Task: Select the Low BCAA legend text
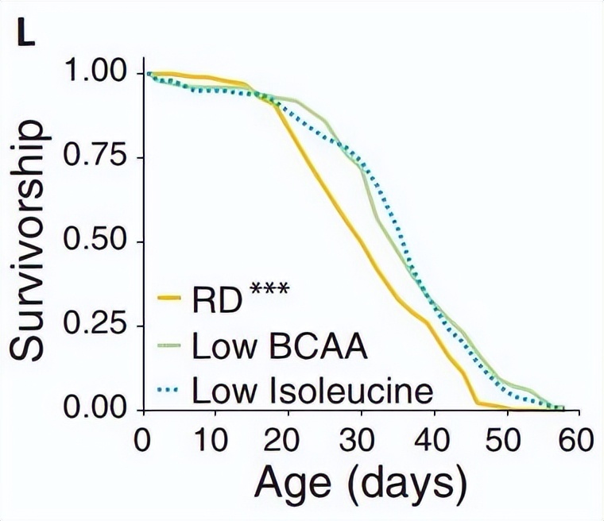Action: coord(281,347)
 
